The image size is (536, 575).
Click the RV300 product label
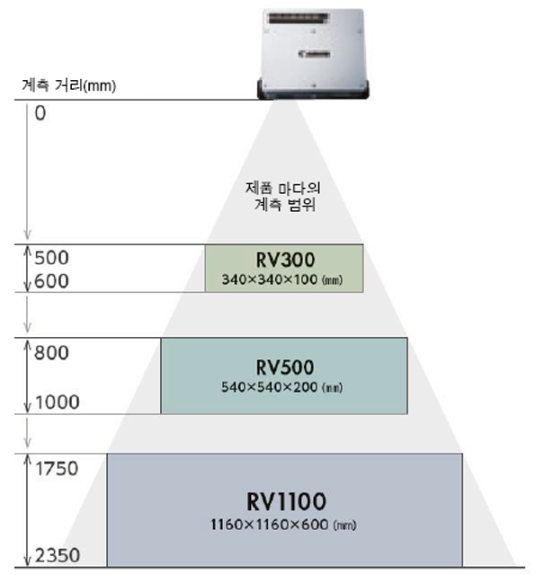pyautogui.click(x=285, y=260)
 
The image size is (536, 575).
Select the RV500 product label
pyautogui.click(x=285, y=367)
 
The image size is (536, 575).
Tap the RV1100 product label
pyautogui.click(x=286, y=501)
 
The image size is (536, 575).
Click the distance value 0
pyautogui.click(x=40, y=113)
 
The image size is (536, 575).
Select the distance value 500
pyautogui.click(x=51, y=258)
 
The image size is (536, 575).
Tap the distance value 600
pyautogui.click(x=51, y=281)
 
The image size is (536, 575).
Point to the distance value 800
pyautogui.click(x=51, y=353)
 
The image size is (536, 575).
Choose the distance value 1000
pyautogui.click(x=57, y=402)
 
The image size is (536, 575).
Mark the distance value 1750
pyautogui.click(x=57, y=468)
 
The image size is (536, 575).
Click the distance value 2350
pyautogui.click(x=58, y=555)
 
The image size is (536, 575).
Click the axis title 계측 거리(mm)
pyautogui.click(x=68, y=85)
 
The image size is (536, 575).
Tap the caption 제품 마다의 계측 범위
pyautogui.click(x=283, y=196)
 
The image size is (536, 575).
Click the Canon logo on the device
pyautogui.click(x=314, y=54)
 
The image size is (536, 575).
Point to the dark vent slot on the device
pyautogui.click(x=299, y=18)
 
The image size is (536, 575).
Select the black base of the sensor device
pyautogui.click(x=313, y=89)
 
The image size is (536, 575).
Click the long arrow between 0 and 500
pyautogui.click(x=27, y=172)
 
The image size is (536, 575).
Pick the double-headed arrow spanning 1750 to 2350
pyautogui.click(x=27, y=510)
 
